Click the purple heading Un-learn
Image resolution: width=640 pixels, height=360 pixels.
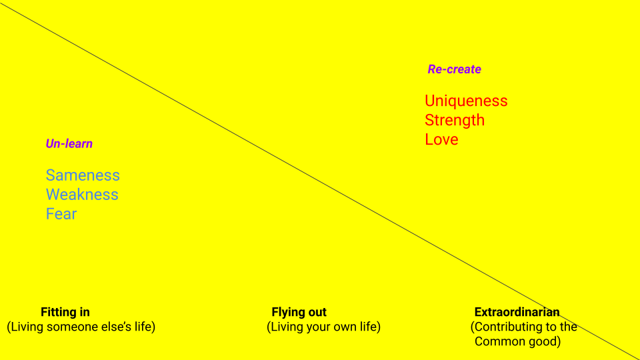69,144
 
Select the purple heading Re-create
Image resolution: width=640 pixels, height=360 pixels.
454,69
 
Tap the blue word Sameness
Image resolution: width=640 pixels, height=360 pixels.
83,175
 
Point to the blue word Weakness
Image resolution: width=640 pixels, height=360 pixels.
82,195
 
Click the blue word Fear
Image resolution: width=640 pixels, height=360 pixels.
61,214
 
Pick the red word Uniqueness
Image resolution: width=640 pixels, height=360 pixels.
466,101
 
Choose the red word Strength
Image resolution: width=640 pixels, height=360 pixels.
455,121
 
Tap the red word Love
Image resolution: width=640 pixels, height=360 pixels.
441,139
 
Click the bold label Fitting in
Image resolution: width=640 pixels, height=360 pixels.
65,312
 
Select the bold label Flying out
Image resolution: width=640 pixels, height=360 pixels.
299,312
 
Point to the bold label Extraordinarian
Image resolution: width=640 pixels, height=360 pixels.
517,312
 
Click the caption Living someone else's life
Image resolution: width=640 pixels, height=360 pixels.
81,327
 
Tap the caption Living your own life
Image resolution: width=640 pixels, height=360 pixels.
324,327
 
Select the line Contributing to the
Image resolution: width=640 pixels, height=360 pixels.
524,327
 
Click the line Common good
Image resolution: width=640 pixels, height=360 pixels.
518,341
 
